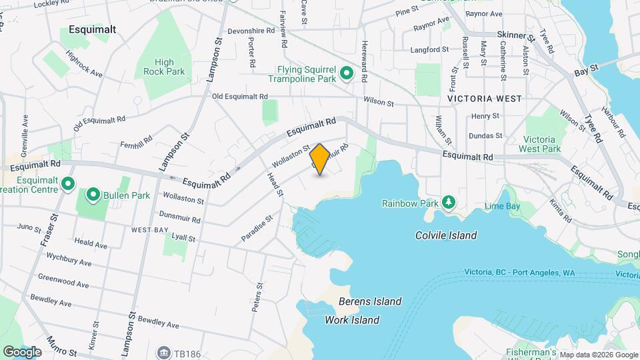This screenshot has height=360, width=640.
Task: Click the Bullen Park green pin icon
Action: [x=93, y=196]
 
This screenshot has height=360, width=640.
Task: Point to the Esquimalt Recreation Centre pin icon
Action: [x=67, y=183]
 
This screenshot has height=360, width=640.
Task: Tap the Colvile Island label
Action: [x=445, y=235]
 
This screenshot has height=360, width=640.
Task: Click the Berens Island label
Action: [x=369, y=301]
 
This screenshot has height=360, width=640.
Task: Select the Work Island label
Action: [x=352, y=320]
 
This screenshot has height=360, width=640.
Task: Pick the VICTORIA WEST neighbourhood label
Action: [x=485, y=99]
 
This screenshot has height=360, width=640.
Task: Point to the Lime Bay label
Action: [x=502, y=207]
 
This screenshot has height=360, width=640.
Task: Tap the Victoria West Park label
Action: [x=539, y=144]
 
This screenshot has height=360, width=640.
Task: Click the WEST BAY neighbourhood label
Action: [x=149, y=230]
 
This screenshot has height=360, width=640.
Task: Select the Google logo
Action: [x=22, y=351]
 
